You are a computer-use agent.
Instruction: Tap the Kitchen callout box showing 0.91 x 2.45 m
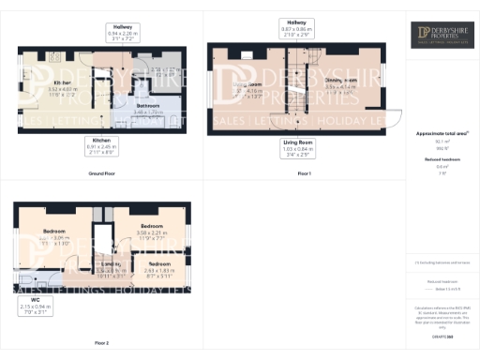101,146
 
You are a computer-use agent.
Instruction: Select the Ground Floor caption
101,173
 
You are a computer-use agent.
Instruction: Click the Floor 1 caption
303,173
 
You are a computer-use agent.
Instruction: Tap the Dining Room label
340,82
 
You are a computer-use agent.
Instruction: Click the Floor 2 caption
101,343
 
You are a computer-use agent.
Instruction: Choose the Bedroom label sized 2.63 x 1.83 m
160,264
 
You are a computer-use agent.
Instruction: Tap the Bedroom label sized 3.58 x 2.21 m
152,227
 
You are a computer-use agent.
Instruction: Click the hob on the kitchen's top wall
53,56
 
